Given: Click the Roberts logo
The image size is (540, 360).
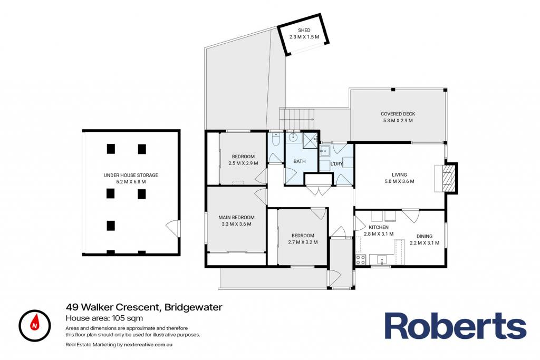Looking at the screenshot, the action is click(x=455, y=326).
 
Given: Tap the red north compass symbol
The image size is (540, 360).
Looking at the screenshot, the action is click(x=35, y=326).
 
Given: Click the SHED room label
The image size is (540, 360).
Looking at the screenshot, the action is click(x=304, y=30).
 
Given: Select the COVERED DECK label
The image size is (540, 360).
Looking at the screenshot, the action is click(x=398, y=114).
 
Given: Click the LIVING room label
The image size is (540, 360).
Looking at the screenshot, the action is click(x=399, y=175).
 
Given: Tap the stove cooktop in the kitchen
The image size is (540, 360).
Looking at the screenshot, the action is click(x=361, y=259).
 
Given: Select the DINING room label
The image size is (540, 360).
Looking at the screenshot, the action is click(x=425, y=237).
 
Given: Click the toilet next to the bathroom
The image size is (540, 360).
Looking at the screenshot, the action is click(x=275, y=139).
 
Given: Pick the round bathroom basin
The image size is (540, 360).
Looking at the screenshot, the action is click(x=293, y=137).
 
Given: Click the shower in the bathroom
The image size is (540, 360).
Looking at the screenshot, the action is click(x=310, y=140).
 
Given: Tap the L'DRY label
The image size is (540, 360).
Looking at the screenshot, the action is click(x=336, y=164).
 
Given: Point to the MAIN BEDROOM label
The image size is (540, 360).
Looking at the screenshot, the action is click(x=236, y=218).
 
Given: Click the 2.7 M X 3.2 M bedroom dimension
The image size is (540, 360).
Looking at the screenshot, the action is click(x=303, y=242).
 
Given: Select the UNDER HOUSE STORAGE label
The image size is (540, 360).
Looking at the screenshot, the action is click(x=131, y=175).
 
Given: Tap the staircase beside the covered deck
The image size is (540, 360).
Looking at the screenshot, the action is click(x=297, y=119).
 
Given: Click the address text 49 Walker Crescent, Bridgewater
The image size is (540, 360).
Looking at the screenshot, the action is click(x=144, y=307).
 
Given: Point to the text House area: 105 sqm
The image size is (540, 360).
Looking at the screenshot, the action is click(x=104, y=318).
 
